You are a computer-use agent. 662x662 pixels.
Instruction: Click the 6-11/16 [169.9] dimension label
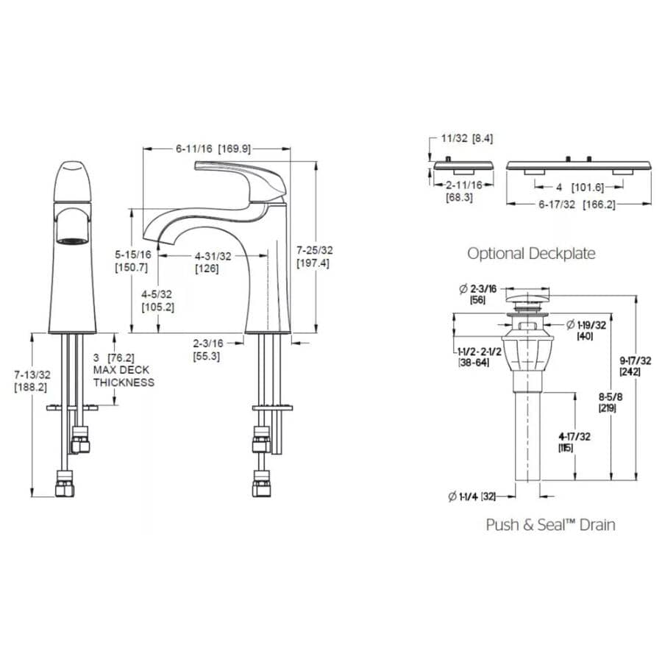(213, 149)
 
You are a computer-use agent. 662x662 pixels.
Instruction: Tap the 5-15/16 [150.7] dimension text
(133, 260)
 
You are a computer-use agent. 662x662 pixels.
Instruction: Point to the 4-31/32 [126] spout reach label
(213, 262)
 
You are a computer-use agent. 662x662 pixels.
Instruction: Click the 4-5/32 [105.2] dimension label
(157, 302)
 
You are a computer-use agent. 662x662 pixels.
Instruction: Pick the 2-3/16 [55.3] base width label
(207, 349)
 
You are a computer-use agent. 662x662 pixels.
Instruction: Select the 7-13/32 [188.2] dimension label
(30, 381)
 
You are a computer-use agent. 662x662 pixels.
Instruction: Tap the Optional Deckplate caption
(531, 254)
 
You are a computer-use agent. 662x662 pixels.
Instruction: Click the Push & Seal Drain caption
(550, 524)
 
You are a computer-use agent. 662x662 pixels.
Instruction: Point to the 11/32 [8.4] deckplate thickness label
(466, 138)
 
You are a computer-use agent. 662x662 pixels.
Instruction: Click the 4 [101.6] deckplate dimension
(578, 187)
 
